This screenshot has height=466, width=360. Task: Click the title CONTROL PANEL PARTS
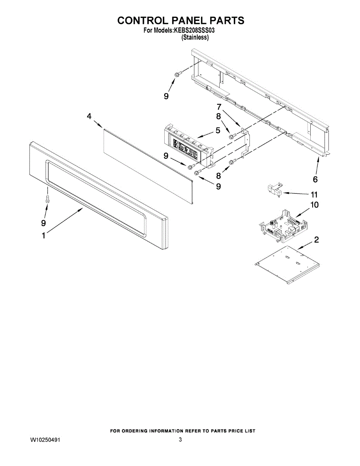coord(181,21)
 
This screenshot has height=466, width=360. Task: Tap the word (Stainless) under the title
coord(195,38)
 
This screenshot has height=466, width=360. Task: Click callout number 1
coord(43,235)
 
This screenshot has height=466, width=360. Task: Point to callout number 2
coord(317,240)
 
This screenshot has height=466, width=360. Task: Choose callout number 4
coord(89,116)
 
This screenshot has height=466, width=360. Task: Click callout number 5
coord(218,130)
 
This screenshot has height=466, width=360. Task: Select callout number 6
coord(315,179)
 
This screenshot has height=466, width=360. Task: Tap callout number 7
coord(219,106)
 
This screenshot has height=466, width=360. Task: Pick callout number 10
coord(314,205)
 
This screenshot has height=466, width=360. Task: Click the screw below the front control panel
coord(47,199)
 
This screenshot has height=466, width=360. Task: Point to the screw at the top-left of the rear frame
coord(176,74)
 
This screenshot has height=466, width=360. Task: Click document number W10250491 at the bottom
coord(45,440)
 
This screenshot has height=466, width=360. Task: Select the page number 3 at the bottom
coord(180,440)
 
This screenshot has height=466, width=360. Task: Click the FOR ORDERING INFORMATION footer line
coord(183,431)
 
